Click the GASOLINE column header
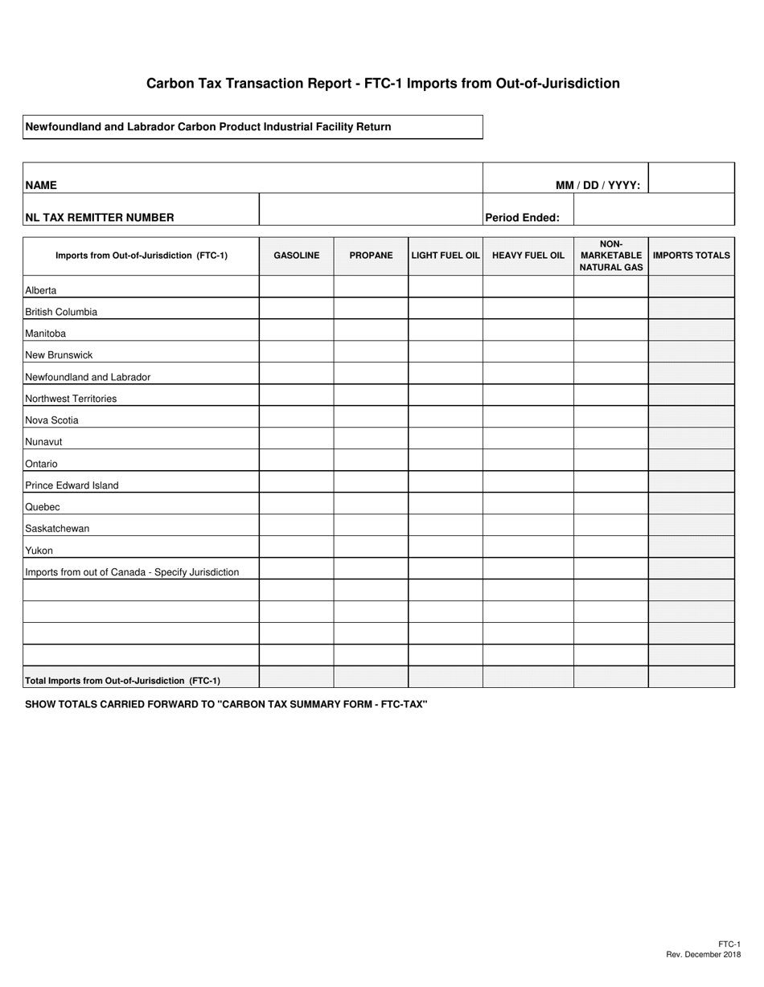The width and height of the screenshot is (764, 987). coord(296,256)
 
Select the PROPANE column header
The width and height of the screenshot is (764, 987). coord(371,256)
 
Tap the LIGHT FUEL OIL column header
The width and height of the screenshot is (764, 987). coord(446,256)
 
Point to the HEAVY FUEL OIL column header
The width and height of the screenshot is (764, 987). coord(528,256)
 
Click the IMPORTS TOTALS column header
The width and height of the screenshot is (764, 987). coord(692,256)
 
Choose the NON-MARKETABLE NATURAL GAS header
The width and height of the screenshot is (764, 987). coord(611,256)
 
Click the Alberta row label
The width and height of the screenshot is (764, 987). coord(41,290)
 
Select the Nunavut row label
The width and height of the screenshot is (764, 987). coord(43,442)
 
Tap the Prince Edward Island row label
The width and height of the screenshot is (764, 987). coord(72,485)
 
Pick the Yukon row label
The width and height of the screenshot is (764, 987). coord(39,551)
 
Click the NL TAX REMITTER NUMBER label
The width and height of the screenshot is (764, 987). coord(100,217)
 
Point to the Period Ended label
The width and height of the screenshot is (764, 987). coord(522,217)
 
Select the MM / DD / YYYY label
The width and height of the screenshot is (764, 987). coord(598,185)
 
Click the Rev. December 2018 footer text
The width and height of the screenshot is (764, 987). coord(704,954)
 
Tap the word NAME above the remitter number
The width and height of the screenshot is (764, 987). coord(41,185)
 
